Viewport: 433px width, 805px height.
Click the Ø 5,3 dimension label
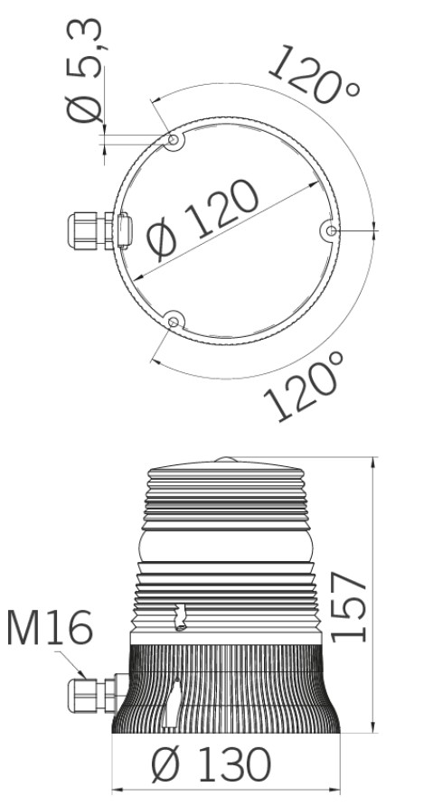(x=85, y=70)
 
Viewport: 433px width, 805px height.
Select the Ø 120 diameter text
(x=202, y=220)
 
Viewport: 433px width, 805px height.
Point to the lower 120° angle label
(x=304, y=386)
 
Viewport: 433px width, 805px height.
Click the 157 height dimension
(x=348, y=607)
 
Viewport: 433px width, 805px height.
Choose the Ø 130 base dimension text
(x=212, y=765)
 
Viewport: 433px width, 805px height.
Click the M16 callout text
(x=50, y=627)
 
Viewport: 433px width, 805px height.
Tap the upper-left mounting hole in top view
(x=174, y=139)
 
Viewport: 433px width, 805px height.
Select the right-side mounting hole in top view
(x=331, y=230)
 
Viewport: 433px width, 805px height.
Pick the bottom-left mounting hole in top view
(x=174, y=322)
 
